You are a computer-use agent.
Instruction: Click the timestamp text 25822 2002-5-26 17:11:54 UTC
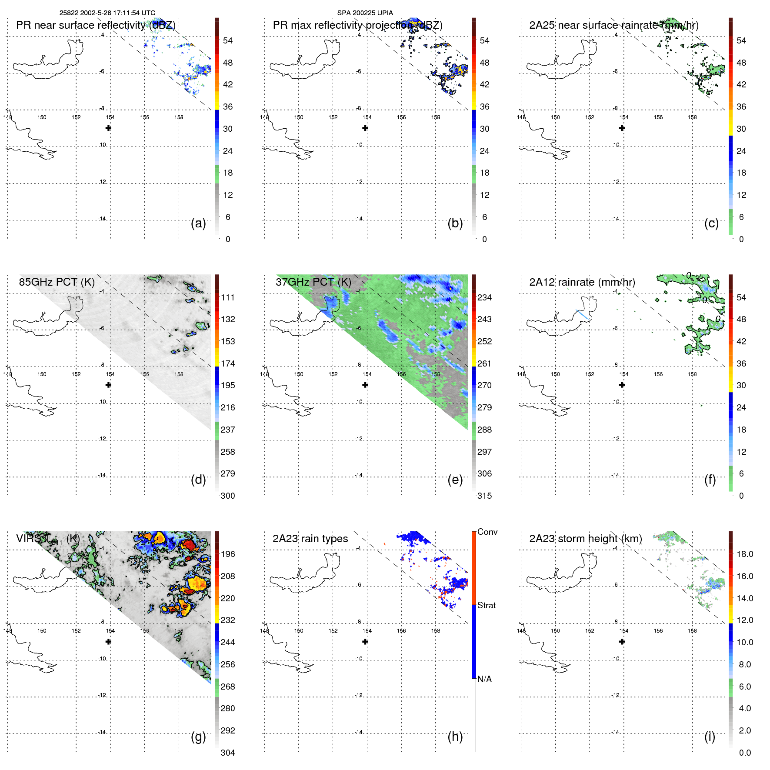[x=107, y=13]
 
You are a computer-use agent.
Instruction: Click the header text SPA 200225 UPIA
[x=365, y=13]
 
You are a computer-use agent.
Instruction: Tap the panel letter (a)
[x=198, y=223]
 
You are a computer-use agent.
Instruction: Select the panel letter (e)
[x=455, y=480]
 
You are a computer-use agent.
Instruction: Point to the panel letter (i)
[x=710, y=737]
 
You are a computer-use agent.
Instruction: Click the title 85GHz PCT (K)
[x=57, y=282]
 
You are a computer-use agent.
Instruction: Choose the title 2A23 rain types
[x=310, y=539]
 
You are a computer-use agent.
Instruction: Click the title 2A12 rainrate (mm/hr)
[x=582, y=282]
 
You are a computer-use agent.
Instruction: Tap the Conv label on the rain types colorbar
[x=487, y=532]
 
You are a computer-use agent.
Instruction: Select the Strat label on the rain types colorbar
[x=487, y=605]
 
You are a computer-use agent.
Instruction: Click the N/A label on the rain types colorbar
[x=484, y=679]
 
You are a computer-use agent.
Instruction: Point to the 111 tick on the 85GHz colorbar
[x=228, y=297]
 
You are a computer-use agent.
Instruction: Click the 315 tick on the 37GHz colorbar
[x=484, y=496]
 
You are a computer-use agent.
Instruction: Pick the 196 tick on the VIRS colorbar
[x=228, y=554]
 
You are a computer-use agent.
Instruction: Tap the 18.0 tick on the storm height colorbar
[x=745, y=554]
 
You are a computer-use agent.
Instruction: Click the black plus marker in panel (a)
[x=108, y=128]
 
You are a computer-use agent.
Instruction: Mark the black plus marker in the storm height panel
[x=622, y=641]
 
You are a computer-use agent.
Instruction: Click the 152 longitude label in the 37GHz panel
[x=333, y=374]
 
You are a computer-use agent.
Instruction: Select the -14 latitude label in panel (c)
[x=616, y=219]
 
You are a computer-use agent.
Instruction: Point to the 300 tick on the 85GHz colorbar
[x=228, y=496]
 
